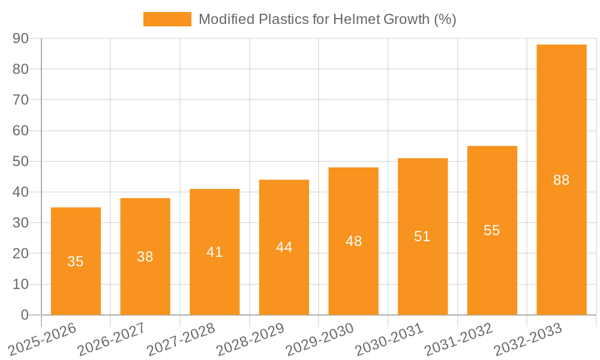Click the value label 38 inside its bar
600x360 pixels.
tap(145, 257)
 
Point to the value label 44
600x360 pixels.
tap(284, 247)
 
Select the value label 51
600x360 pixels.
tap(422, 236)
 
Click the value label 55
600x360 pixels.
tap(492, 230)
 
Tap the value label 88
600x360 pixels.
tap(561, 180)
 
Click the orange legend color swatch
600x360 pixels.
tap(167, 19)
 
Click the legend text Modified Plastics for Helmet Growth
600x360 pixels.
tap(327, 19)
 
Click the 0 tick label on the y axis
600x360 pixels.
tap(25, 315)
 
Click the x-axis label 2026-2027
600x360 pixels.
tap(113, 339)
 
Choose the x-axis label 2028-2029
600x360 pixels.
tap(251, 339)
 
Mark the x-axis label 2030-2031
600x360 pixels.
tap(390, 339)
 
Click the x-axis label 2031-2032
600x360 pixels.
tap(460, 339)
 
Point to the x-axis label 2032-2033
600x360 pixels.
tap(529, 339)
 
